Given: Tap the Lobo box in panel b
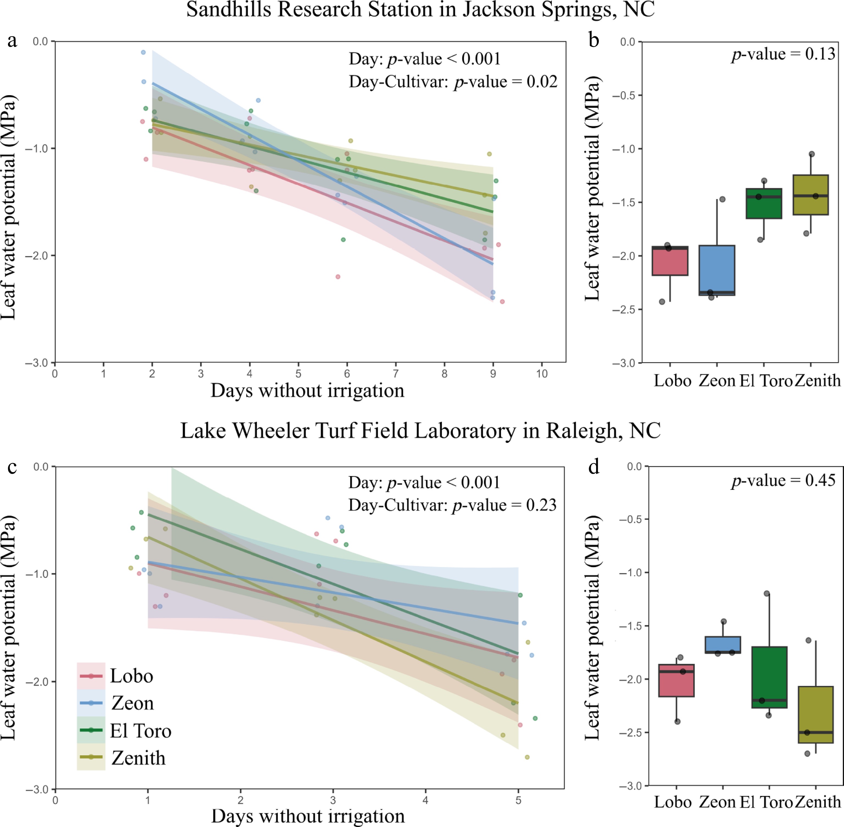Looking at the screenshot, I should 670,261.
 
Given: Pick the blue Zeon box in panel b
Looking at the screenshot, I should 716,269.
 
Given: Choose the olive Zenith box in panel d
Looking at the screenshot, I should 815,715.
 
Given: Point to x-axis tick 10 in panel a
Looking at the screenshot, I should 541,373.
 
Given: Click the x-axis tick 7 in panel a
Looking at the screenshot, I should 395,373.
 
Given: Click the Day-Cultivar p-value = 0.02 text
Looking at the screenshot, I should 453,82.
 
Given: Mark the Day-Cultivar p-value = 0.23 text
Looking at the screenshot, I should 452,505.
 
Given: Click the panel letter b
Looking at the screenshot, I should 594,40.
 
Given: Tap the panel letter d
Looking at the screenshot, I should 594,467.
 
